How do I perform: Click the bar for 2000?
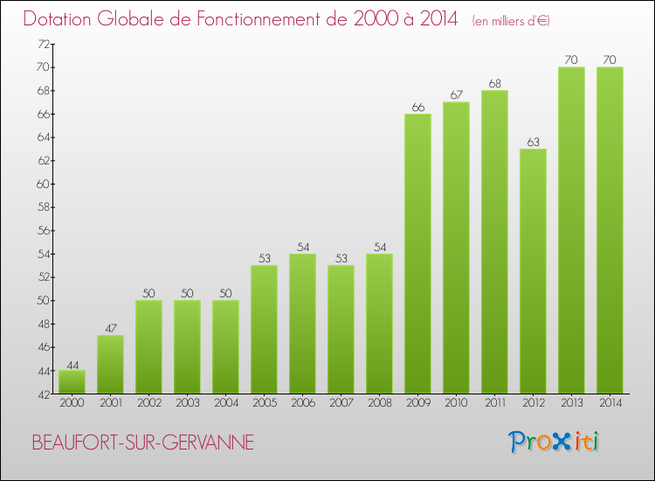pyautogui.click(x=72, y=382)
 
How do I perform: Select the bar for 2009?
pyautogui.click(x=417, y=254)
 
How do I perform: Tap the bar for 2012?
pyautogui.click(x=533, y=271)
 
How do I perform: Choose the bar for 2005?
pyautogui.click(x=264, y=330)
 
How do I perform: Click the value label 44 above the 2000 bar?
pyautogui.click(x=72, y=364)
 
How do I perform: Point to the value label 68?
pyautogui.click(x=494, y=84)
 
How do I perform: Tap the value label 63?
pyautogui.click(x=533, y=143)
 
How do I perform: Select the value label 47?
pyautogui.click(x=110, y=329)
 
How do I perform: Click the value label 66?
pyautogui.click(x=417, y=108)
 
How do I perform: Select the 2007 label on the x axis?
pyautogui.click(x=341, y=403)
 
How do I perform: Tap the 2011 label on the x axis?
pyautogui.click(x=494, y=403)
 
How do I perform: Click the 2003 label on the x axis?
pyautogui.click(x=187, y=403)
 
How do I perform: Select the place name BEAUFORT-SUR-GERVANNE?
pyautogui.click(x=143, y=443)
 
